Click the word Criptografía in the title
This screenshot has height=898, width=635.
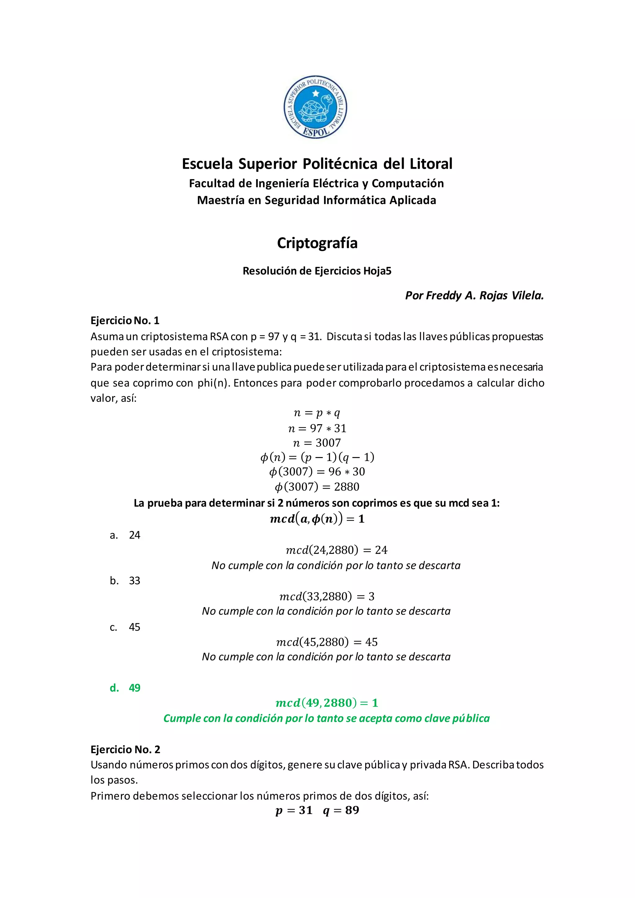point(317,243)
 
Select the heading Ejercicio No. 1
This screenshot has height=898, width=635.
point(125,321)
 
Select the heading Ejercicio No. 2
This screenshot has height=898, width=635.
point(125,749)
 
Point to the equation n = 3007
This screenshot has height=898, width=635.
point(317,443)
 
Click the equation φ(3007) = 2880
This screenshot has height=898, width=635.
point(317,487)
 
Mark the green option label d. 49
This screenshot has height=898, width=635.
point(125,688)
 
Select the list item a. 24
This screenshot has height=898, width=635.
point(125,535)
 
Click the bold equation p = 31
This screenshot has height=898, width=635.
point(294,810)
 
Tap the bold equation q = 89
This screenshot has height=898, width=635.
point(341,810)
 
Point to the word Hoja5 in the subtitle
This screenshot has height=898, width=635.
point(377,271)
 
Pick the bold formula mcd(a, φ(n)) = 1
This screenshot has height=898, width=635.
point(317,519)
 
